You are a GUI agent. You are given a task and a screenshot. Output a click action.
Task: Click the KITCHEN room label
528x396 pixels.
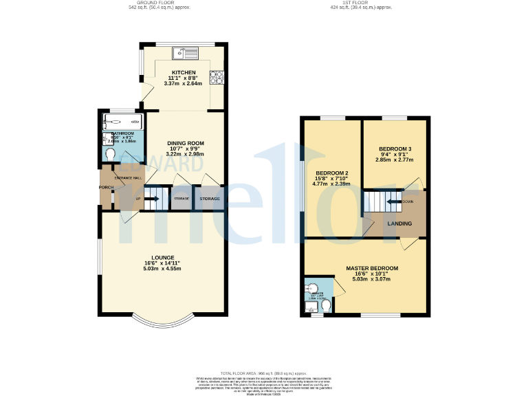pyautogui.click(x=184, y=72)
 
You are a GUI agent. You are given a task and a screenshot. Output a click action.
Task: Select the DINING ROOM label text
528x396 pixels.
pyautogui.click(x=186, y=143)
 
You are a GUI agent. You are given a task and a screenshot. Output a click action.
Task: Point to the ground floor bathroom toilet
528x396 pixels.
pyautogui.click(x=109, y=153)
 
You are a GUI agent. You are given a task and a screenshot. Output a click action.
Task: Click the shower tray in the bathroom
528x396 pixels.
pyautogui.click(x=122, y=122)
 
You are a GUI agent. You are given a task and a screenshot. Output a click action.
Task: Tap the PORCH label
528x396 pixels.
pyautogui.click(x=106, y=187)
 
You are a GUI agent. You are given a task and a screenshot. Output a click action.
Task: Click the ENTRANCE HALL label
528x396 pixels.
pyautogui.click(x=128, y=178)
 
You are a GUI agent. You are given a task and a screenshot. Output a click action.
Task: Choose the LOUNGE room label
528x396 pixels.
pyautogui.click(x=163, y=258)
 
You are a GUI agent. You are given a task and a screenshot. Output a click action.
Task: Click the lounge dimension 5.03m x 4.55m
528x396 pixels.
pyautogui.click(x=163, y=269)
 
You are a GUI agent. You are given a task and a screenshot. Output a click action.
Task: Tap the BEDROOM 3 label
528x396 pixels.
pyautogui.click(x=395, y=149)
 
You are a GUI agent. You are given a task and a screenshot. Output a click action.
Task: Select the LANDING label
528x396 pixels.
pyautogui.click(x=399, y=223)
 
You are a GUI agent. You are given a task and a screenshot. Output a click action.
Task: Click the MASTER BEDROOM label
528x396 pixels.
pyautogui.click(x=371, y=267)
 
